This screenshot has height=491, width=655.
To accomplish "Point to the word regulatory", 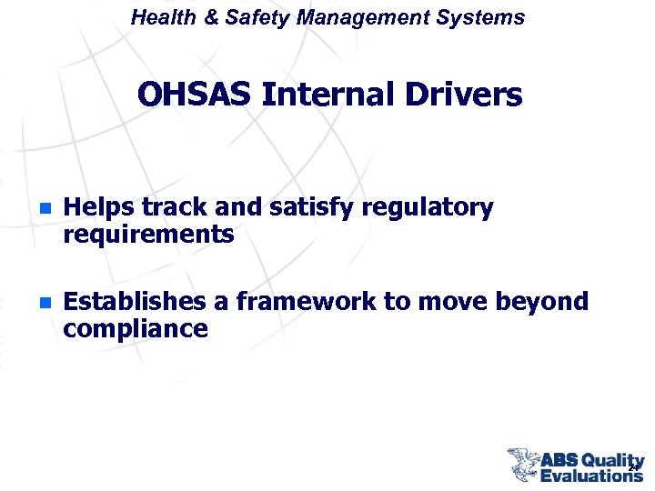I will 427,208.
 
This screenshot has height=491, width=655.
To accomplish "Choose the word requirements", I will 148,235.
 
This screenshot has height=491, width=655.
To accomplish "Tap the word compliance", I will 136,328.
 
